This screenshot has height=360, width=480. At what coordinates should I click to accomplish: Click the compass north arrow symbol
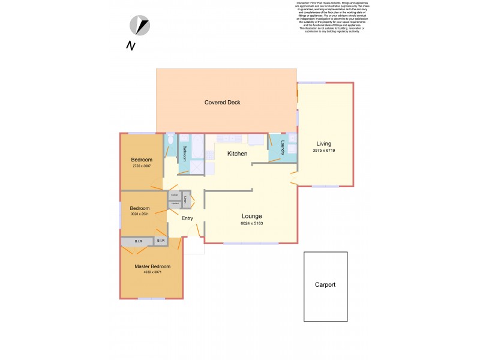pyautogui.click(x=140, y=26)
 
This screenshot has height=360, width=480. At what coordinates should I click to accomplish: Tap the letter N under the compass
pyautogui.click(x=130, y=46)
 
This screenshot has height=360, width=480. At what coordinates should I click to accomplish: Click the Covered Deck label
pyautogui.click(x=222, y=103)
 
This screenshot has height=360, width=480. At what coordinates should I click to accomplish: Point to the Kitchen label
pyautogui.click(x=237, y=154)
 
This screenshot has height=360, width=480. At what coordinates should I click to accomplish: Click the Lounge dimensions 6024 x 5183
pyautogui.click(x=251, y=223)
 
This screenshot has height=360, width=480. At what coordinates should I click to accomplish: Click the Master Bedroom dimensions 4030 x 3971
pyautogui.click(x=152, y=272)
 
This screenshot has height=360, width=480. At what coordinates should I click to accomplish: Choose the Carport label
pyautogui.click(x=325, y=285)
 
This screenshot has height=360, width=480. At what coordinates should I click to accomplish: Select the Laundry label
pyautogui.click(x=282, y=148)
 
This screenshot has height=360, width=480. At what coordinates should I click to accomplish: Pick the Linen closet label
pyautogui.click(x=186, y=199)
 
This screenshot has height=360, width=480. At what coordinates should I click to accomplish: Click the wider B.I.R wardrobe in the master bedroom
pyautogui.click(x=137, y=242)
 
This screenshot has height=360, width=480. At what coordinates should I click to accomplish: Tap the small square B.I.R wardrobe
pyautogui.click(x=160, y=241)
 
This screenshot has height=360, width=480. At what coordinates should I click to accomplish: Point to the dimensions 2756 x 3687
pyautogui.click(x=141, y=166)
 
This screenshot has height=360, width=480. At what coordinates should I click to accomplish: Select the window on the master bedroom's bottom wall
pyautogui.click(x=151, y=298)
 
